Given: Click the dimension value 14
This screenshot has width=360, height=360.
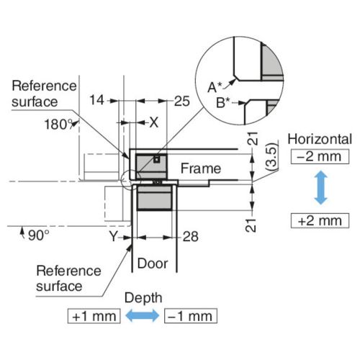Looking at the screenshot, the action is (96, 100).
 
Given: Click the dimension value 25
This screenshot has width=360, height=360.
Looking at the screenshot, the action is (182, 101).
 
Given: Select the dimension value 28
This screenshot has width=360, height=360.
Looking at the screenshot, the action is (191, 237).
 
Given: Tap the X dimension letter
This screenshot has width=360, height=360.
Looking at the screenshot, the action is (154, 122).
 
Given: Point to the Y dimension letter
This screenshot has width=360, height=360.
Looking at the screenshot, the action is (113, 236).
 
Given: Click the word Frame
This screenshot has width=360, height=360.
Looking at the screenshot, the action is (201, 168).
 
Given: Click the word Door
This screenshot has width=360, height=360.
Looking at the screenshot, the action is (153, 264).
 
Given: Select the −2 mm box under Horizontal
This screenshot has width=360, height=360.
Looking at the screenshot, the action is (320, 157).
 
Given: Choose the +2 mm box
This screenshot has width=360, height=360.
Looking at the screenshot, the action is (320, 220).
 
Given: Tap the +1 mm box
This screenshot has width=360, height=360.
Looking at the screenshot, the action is (94, 316).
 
